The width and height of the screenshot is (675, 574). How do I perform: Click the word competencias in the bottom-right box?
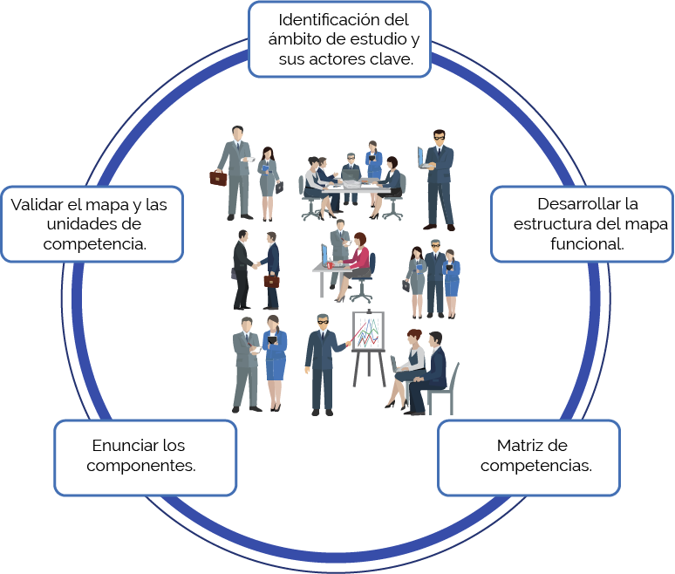coord(536,466)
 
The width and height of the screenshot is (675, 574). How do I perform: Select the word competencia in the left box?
coord(94,244)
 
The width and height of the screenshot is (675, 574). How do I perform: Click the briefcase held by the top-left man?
coord(218,178)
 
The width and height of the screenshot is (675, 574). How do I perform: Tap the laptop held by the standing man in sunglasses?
coord(422,157)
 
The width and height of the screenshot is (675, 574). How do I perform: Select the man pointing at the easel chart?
coord(321,362)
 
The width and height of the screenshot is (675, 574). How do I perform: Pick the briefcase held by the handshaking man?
coord(272,281)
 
